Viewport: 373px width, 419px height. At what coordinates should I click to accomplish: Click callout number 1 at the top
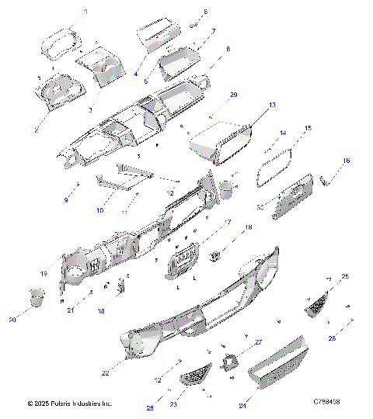pos(85,12)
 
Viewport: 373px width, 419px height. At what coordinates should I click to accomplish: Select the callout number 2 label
pos(37,129)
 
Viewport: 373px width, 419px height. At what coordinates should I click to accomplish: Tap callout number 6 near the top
pos(205,12)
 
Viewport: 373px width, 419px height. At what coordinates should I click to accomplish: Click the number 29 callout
pos(234,95)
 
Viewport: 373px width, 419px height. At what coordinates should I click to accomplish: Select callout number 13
pos(272,104)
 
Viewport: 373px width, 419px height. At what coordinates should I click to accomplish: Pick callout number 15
pos(308,128)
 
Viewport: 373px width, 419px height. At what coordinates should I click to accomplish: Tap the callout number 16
pos(347,161)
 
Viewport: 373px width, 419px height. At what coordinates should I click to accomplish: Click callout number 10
pos(99,210)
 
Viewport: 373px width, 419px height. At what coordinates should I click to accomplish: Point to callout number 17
pos(228,223)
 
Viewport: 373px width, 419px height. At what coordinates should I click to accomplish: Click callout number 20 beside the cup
pos(12,320)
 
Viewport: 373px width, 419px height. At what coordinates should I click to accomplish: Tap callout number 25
pos(345,276)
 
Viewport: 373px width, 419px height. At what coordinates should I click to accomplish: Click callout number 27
pos(260,342)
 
